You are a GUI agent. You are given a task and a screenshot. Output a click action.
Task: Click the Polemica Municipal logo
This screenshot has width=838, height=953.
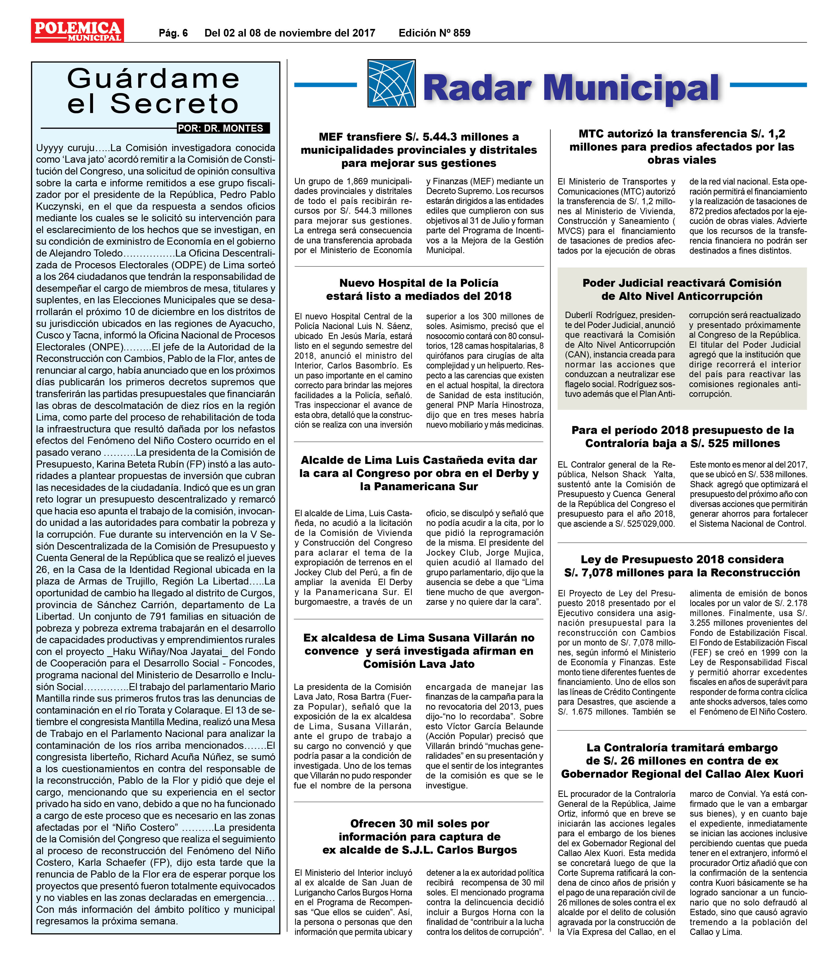[77, 31]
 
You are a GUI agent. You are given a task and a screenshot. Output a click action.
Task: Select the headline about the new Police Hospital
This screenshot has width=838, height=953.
[419, 290]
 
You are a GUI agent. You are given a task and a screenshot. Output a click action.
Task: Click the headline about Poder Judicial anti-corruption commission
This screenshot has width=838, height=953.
[681, 290]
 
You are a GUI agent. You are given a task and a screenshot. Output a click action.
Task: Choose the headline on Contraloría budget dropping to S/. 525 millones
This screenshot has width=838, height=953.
[682, 436]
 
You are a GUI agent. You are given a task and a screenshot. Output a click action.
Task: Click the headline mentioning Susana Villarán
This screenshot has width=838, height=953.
[419, 650]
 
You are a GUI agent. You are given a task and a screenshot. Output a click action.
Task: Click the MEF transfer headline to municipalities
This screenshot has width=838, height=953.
[419, 150]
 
